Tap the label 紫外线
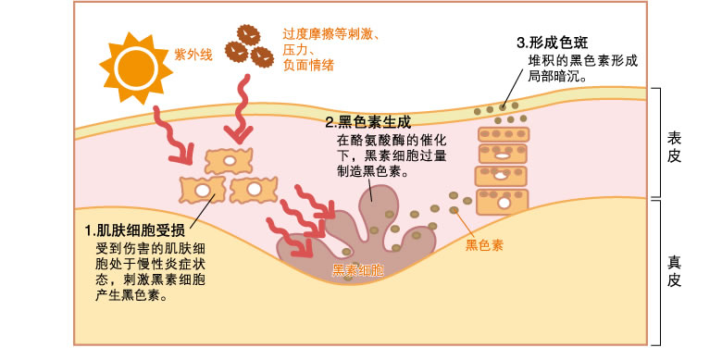[x=193, y=55]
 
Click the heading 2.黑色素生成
[x=367, y=121]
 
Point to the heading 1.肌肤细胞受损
[x=140, y=230]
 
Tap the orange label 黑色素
[x=483, y=245]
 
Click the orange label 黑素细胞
[x=358, y=270]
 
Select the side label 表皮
[x=675, y=145]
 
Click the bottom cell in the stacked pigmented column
[x=501, y=199]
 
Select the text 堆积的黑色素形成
[x=582, y=61]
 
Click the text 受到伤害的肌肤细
[x=151, y=248]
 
